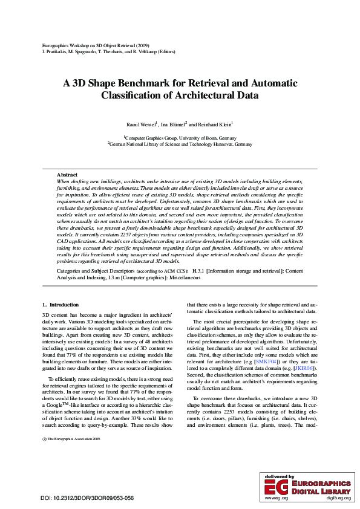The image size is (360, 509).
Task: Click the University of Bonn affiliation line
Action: [180, 138]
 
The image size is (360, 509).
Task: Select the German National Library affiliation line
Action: [180, 144]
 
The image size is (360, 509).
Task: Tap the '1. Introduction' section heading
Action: [61, 305]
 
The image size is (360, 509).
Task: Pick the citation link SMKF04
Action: [266, 361]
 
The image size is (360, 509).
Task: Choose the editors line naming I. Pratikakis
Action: [109, 52]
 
